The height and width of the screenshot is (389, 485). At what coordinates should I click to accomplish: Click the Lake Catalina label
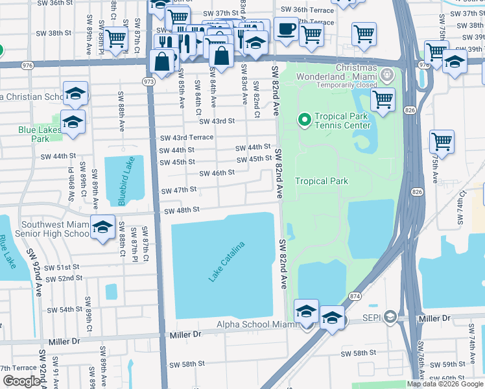[227, 262]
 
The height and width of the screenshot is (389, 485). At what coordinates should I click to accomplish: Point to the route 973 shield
[149, 81]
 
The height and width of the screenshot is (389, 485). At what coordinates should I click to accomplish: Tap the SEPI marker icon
[390, 316]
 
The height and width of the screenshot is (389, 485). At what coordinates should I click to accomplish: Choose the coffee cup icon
[286, 29]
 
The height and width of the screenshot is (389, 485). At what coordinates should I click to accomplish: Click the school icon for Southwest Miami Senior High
[102, 228]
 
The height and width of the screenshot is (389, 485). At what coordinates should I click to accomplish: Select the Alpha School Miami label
[256, 324]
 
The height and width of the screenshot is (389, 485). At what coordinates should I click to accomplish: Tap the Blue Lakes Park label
[40, 134]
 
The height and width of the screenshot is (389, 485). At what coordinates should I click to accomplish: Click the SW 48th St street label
[182, 210]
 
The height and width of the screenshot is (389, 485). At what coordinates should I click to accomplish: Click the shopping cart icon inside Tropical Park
[383, 99]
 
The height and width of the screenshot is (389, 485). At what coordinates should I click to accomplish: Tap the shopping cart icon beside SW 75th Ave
[441, 141]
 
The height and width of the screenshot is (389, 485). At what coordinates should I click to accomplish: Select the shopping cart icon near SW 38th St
[116, 38]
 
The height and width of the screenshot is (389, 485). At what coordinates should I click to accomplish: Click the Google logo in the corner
[21, 381]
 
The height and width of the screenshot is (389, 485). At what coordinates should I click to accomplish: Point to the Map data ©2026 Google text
[445, 384]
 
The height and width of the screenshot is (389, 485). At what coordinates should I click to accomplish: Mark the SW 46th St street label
[217, 173]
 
